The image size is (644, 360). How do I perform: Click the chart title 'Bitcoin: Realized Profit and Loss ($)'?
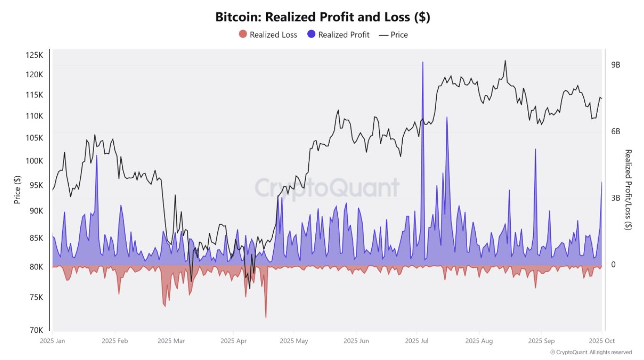click(x=322, y=17)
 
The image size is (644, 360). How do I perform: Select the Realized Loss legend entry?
click(x=268, y=34)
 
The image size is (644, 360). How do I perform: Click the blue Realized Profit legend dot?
click(x=311, y=34)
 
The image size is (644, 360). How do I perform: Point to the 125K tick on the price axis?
click(x=34, y=55)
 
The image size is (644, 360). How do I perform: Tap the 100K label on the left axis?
click(x=34, y=161)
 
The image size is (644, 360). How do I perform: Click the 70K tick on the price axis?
click(x=35, y=330)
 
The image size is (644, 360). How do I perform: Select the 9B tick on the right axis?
click(x=616, y=65)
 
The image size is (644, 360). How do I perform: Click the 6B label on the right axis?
click(x=616, y=132)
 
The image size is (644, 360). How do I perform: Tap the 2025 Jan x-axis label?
click(x=53, y=341)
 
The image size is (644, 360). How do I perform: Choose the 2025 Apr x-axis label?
click(x=234, y=341)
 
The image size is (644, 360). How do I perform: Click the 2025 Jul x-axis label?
click(x=417, y=341)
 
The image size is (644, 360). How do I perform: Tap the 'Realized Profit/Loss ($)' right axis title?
click(x=628, y=190)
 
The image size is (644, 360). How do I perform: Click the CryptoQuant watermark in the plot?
click(x=326, y=188)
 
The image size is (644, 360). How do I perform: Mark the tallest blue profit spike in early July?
click(x=423, y=63)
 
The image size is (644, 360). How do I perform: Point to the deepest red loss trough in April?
click(x=266, y=317)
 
